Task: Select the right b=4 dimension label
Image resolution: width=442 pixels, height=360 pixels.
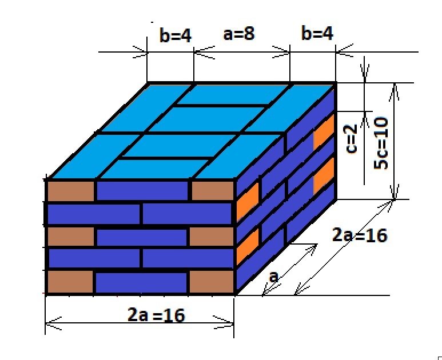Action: [x=317, y=34]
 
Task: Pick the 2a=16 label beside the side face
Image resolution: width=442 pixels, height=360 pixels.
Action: [x=360, y=234]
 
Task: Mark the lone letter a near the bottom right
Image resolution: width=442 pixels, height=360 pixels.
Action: [x=274, y=277]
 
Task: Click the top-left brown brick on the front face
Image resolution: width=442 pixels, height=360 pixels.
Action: [x=70, y=191]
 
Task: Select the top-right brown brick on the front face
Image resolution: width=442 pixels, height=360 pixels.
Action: [x=212, y=191]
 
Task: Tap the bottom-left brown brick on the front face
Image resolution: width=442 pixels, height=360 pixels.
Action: [x=70, y=282]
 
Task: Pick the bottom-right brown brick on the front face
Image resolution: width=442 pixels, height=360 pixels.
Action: [x=212, y=282]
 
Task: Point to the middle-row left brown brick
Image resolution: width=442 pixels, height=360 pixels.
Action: [x=70, y=237]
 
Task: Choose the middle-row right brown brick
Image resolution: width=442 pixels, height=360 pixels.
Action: [x=212, y=237]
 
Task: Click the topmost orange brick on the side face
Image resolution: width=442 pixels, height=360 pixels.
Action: [x=323, y=132]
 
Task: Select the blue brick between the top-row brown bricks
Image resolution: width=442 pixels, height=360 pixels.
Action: [x=142, y=191]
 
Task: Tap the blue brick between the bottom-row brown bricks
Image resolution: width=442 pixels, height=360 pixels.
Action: [x=141, y=282]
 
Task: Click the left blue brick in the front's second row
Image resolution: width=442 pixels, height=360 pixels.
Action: [x=94, y=214]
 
